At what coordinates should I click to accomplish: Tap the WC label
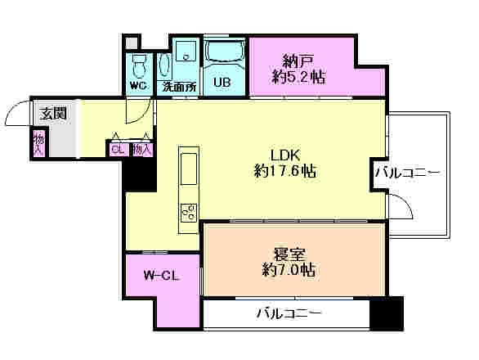pos(138,85)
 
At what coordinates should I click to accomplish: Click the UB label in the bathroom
pos(222,82)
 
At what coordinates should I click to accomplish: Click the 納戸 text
pos(299,61)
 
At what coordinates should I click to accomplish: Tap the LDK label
pos(285,154)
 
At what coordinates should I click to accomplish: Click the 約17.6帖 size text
pos(285,171)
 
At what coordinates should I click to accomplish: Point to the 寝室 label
pos(285,253)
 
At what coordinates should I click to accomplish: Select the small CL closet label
pos(118,149)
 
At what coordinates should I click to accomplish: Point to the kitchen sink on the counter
pos(188,168)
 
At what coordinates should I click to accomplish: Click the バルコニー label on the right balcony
pos(408,173)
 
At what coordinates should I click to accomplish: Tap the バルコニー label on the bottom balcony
pos(289,313)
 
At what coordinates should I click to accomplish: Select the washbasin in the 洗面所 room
pos(185,56)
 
